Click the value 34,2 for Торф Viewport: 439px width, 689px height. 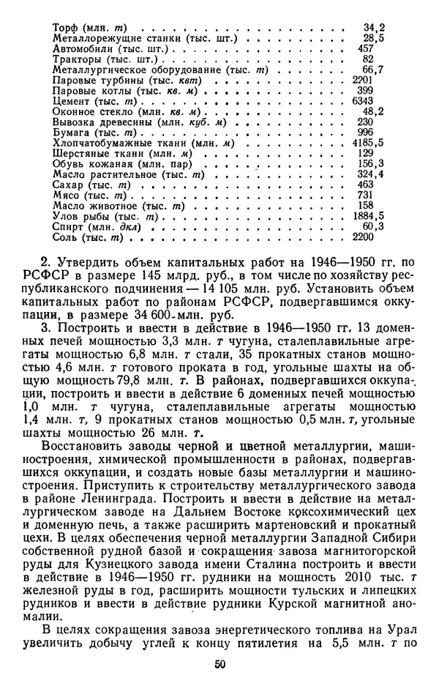374,28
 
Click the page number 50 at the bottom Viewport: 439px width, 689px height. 219,663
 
